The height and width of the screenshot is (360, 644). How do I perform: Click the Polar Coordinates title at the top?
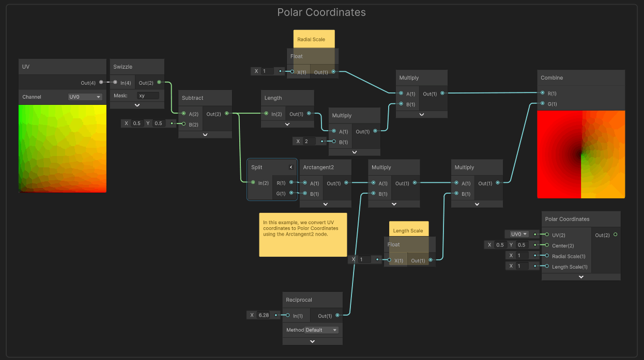321,12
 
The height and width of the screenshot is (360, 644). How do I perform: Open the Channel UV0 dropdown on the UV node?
85,97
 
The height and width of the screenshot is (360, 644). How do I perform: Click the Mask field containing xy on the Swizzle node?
148,96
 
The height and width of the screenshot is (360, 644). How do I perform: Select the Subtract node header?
205,98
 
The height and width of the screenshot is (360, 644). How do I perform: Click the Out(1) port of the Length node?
309,114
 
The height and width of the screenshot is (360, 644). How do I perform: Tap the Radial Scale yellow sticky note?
314,39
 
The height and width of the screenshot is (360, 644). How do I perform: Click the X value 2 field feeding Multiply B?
310,141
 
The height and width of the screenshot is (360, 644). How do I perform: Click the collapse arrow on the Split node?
291,167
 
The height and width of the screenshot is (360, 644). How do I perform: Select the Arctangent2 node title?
318,167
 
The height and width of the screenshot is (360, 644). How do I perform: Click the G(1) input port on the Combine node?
542,103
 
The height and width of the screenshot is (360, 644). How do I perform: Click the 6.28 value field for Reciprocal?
264,315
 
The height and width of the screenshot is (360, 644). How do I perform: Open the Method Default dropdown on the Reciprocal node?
321,330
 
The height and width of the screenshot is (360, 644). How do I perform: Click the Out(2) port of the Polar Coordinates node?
615,234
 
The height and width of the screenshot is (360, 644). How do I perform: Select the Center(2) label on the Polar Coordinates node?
563,246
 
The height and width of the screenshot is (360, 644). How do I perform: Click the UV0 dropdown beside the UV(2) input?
519,234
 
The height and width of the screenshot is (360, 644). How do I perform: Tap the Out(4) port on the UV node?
101,82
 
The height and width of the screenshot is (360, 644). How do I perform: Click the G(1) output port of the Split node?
291,193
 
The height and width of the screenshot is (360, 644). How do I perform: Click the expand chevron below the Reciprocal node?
312,341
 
